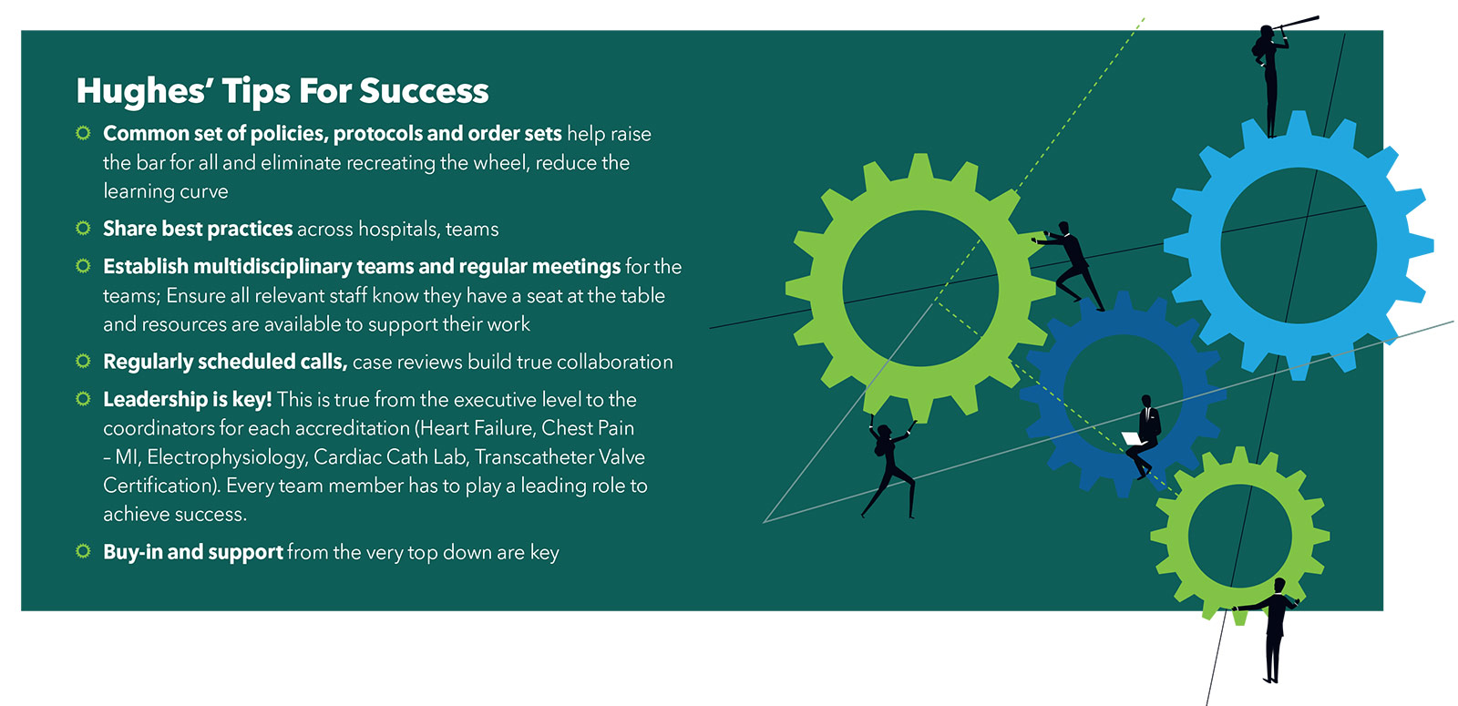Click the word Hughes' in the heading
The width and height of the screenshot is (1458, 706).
click(144, 90)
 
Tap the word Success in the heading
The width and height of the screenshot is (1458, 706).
click(424, 90)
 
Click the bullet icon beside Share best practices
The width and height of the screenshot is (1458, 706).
click(83, 229)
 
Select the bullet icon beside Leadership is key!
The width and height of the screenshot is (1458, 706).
click(83, 398)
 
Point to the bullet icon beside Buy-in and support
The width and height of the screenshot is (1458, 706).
click(83, 551)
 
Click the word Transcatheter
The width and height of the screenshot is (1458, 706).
click(534, 456)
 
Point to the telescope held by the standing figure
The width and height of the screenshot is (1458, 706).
click(1297, 25)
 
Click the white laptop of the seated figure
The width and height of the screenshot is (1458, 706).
click(1134, 438)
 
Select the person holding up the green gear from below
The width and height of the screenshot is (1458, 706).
click(890, 466)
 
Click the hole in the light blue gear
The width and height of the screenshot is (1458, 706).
click(1298, 245)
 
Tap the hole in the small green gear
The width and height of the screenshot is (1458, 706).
click(1239, 537)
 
